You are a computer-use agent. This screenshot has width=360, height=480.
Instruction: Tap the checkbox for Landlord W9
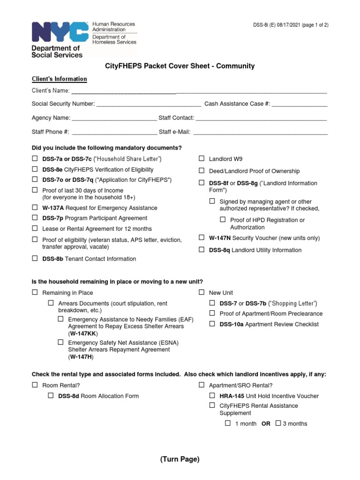(x=202, y=158)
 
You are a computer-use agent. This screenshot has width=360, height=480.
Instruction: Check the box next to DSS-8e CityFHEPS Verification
(x=35, y=169)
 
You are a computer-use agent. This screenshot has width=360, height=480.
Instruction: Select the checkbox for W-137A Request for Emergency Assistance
(x=35, y=207)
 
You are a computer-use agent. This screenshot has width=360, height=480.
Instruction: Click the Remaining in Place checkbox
(x=35, y=292)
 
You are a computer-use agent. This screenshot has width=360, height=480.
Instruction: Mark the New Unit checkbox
(x=202, y=292)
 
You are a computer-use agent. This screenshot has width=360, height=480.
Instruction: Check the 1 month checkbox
(x=228, y=423)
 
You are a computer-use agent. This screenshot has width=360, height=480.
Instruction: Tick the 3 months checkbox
(x=278, y=423)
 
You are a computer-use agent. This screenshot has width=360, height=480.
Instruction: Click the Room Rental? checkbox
(x=35, y=384)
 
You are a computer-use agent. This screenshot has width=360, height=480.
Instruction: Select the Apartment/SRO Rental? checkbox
(x=202, y=384)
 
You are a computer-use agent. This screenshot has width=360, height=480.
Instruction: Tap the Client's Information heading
(x=59, y=79)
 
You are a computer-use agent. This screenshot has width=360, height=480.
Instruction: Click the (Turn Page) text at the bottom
(x=180, y=459)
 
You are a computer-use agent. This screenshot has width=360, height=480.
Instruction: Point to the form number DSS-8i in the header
(x=262, y=25)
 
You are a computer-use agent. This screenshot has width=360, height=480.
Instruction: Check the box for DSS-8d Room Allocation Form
(x=51, y=396)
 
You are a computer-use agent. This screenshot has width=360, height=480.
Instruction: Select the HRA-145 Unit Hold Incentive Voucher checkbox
(x=212, y=396)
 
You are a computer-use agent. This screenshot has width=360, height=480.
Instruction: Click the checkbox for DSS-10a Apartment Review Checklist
(x=212, y=323)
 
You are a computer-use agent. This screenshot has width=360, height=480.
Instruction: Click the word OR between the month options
(x=266, y=424)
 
